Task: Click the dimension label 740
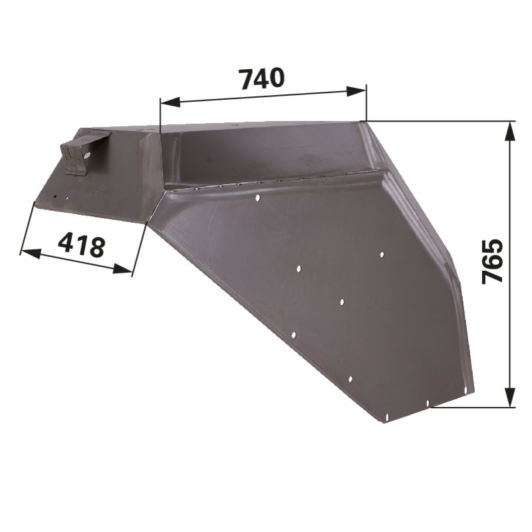[261, 78]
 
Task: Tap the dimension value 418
[81, 244]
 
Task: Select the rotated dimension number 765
[492, 261]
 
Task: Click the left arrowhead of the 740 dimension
[170, 102]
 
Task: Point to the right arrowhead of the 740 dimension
[356, 91]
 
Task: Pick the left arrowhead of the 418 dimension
[31, 253]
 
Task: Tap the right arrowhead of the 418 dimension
[122, 269]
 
